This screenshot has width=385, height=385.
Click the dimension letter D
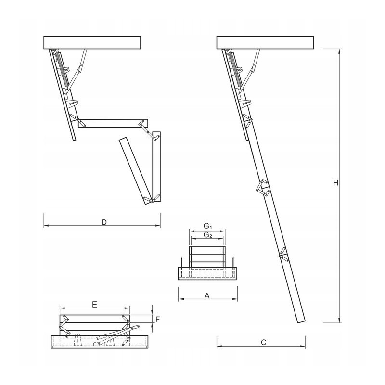click(x=103, y=222)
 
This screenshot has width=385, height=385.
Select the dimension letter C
click(x=263, y=342)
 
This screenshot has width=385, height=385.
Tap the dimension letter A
click(x=207, y=296)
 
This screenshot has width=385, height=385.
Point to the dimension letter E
click(x=95, y=304)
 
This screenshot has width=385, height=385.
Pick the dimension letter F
click(x=157, y=319)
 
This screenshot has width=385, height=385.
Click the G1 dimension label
click(x=207, y=226)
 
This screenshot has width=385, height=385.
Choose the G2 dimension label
click(x=207, y=235)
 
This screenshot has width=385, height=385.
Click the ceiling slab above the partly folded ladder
click(x=92, y=42)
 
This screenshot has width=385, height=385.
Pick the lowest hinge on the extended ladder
click(x=283, y=254)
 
